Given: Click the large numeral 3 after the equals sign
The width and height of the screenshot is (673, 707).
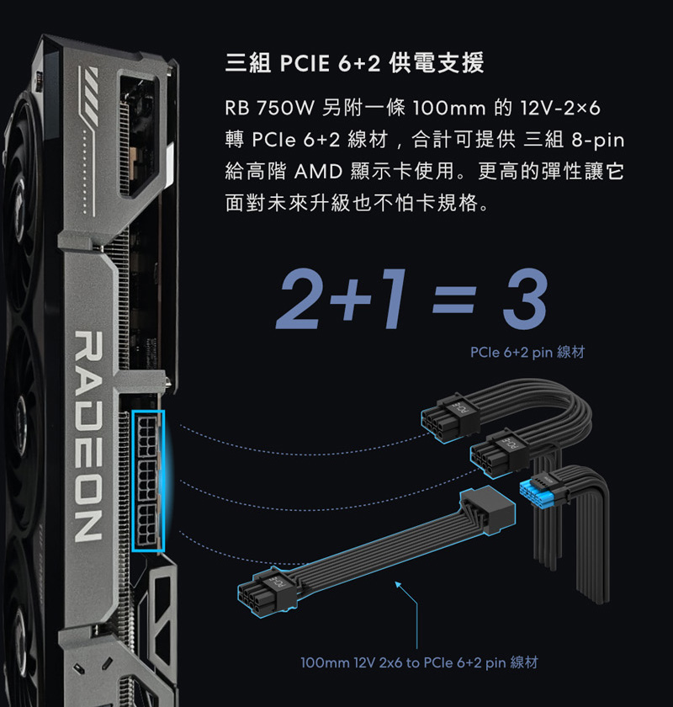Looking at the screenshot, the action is [x=525, y=300].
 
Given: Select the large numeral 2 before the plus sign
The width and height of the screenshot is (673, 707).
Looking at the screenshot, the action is [x=299, y=299].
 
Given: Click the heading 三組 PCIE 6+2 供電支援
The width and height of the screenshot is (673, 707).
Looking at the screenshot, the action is [x=354, y=62].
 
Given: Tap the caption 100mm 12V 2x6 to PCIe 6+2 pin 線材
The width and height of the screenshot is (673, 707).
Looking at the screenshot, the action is [x=419, y=662].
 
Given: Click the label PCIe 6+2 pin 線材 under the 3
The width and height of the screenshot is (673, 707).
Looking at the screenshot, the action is [x=527, y=352].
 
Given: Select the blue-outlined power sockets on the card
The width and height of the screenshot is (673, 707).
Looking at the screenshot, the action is [x=148, y=481].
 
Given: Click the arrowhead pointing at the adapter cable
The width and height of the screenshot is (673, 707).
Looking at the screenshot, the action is [x=398, y=585].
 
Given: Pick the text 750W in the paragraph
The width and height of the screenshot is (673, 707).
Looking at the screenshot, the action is [x=285, y=109].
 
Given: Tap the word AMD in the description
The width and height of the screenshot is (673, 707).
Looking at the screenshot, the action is [x=318, y=172].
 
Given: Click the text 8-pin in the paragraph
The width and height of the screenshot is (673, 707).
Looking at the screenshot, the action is [x=598, y=141].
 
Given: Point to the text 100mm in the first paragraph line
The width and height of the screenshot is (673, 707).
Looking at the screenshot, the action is [x=448, y=109].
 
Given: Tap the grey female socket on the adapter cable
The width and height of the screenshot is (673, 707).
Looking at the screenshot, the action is [x=488, y=510].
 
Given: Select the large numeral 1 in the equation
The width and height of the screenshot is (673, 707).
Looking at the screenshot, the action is [x=392, y=299].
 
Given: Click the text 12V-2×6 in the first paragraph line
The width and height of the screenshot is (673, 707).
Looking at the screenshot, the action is [x=560, y=109].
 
